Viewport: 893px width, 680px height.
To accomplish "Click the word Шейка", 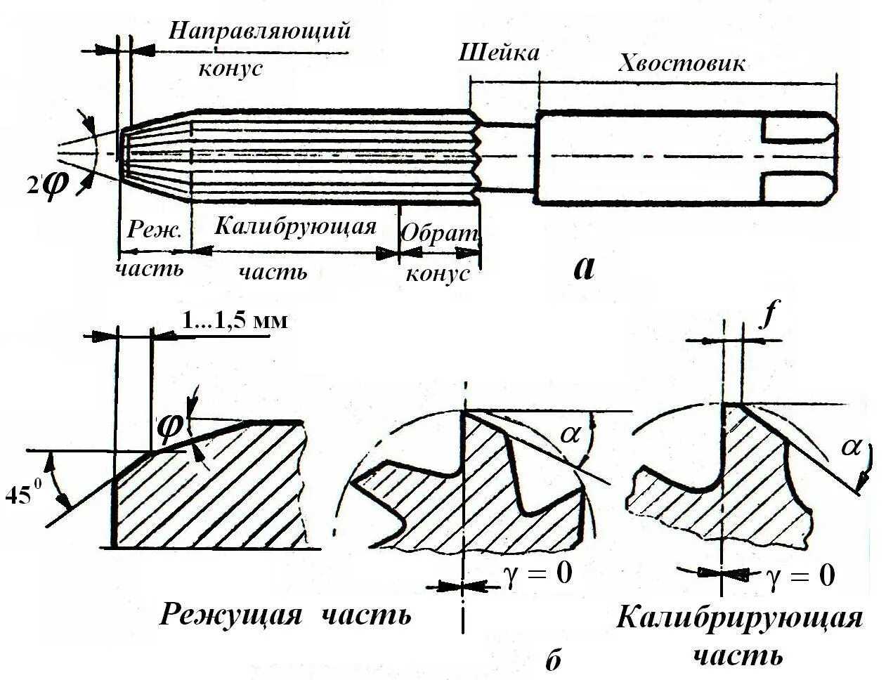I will [x=499, y=54].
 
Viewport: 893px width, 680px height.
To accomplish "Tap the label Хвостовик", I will [x=681, y=64].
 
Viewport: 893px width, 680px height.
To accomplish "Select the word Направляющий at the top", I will [x=259, y=32].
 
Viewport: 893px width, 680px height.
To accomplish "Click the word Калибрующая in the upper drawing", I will [x=295, y=227].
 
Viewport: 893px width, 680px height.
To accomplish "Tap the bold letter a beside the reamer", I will [x=584, y=266].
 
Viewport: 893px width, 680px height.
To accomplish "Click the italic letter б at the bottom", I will [x=554, y=660].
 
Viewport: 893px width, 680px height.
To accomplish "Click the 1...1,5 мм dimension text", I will [x=235, y=320].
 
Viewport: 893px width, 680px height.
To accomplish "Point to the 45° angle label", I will [x=21, y=495].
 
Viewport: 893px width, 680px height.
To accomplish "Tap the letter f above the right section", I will [x=769, y=317].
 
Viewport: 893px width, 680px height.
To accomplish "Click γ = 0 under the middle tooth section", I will [x=537, y=573].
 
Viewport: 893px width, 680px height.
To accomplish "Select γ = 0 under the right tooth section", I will [x=800, y=576].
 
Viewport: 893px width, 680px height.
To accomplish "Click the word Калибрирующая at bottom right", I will [x=739, y=619].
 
